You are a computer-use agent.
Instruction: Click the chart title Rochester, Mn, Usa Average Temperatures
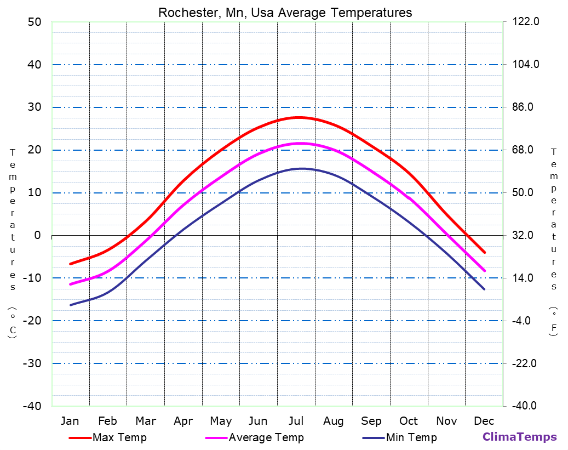tap(285, 12)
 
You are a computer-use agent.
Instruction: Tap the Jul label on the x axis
tap(296, 421)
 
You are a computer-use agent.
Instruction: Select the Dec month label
tap(484, 421)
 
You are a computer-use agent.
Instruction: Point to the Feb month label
tap(107, 421)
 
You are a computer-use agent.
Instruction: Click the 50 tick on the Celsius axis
tap(34, 22)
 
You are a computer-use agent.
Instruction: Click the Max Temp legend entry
tap(119, 437)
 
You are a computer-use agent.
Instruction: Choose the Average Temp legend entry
tap(266, 437)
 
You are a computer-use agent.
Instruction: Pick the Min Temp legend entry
tap(411, 437)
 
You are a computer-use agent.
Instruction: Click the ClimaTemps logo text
tap(519, 437)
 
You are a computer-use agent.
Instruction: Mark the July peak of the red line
tap(297, 117)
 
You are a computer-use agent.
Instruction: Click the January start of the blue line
tap(71, 305)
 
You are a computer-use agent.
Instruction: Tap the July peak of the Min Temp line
tap(300, 168)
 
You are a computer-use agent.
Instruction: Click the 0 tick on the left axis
tap(37, 235)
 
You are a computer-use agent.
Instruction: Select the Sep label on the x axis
tap(371, 421)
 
